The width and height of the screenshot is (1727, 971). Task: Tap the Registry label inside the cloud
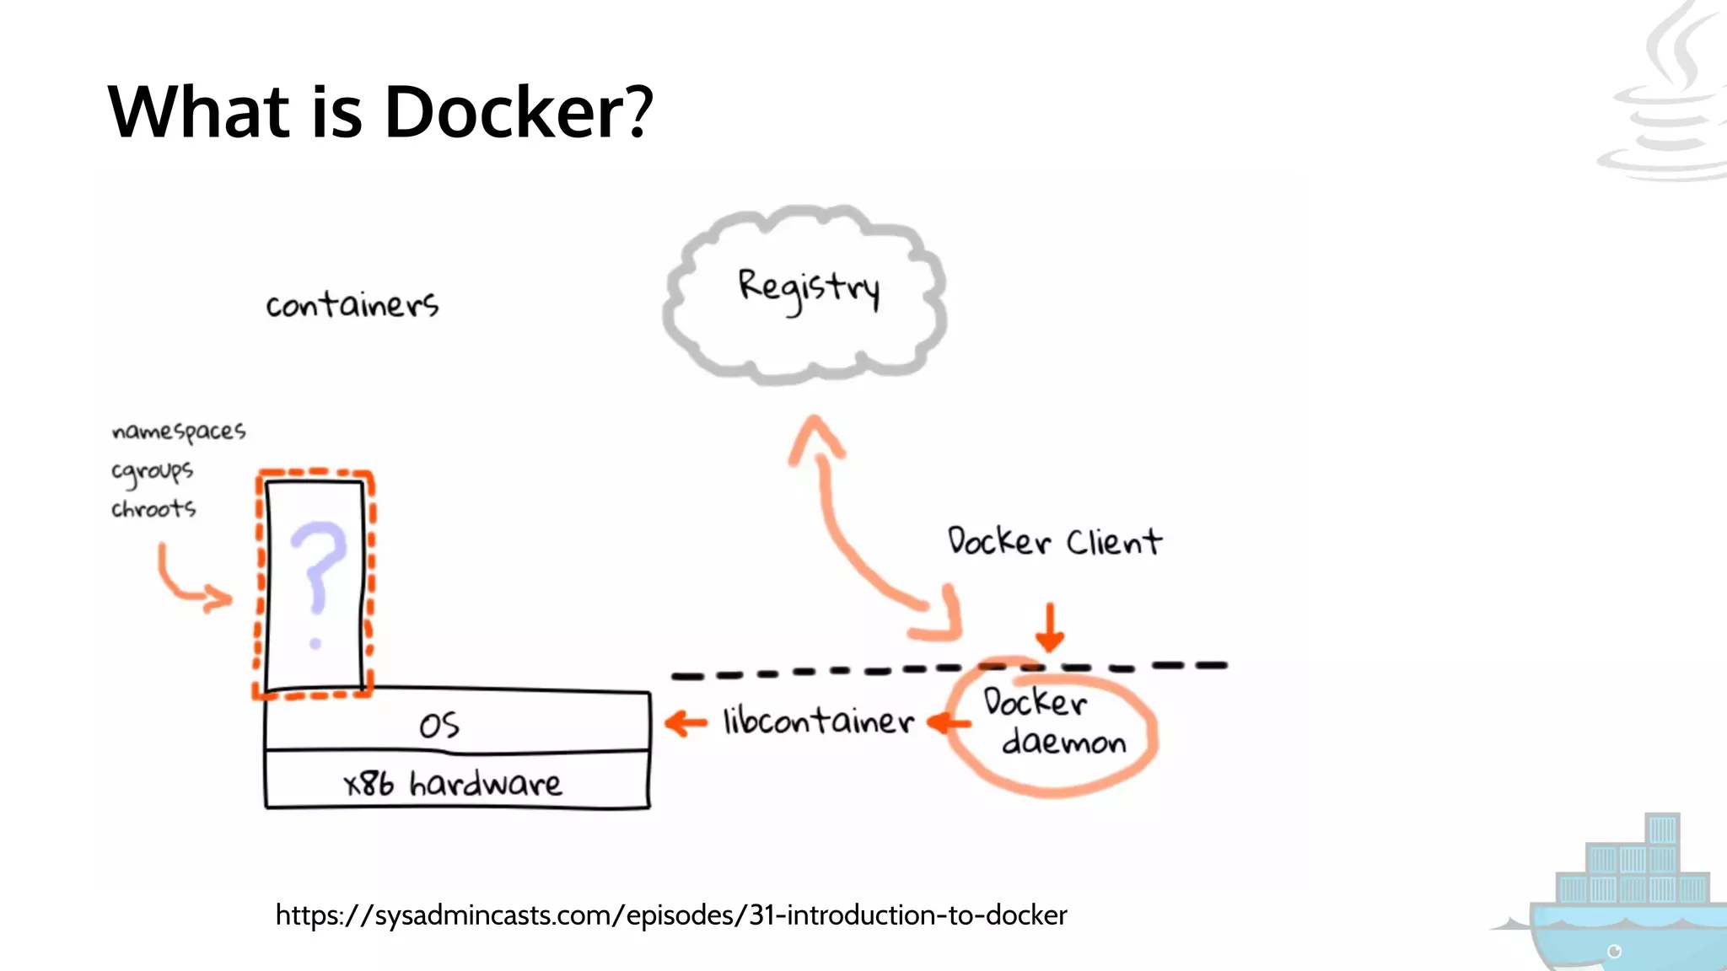coord(809,288)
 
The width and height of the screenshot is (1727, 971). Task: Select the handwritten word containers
coord(352,304)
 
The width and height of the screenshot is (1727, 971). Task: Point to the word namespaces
coord(178,432)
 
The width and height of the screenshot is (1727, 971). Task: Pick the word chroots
coord(153,509)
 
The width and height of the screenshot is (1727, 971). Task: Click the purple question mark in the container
coord(317,582)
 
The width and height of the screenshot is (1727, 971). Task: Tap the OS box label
coord(439,726)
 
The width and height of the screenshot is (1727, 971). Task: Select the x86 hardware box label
coord(453,784)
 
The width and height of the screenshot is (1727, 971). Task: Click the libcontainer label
coord(818,722)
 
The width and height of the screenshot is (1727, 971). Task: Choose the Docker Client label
coord(1054,541)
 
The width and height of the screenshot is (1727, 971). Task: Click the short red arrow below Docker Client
coord(1050,627)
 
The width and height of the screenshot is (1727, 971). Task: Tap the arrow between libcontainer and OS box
coord(686,723)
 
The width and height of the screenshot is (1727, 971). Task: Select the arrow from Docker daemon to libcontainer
coord(948,722)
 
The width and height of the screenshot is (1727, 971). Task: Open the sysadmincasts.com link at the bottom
coord(671,915)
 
